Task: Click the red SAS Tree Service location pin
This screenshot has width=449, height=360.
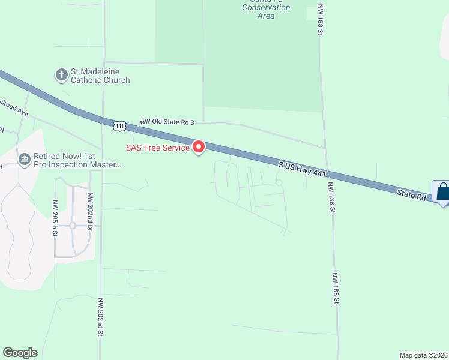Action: [198, 147]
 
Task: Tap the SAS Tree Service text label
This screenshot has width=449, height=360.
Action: [157, 148]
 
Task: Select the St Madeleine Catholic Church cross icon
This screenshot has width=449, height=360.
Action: [61, 76]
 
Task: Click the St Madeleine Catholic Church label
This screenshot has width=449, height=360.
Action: [100, 76]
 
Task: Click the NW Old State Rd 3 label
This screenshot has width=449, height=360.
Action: [167, 122]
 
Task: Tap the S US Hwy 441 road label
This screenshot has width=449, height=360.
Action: [302, 169]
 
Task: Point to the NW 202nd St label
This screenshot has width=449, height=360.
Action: [101, 316]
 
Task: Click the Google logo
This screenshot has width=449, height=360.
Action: [20, 353]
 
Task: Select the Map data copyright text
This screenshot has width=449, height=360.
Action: [424, 355]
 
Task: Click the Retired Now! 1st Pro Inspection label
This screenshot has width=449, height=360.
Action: [77, 160]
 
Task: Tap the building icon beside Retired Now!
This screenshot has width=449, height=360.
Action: [25, 159]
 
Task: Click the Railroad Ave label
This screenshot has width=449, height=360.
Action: [13, 107]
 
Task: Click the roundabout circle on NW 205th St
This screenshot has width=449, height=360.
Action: [72, 226]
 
